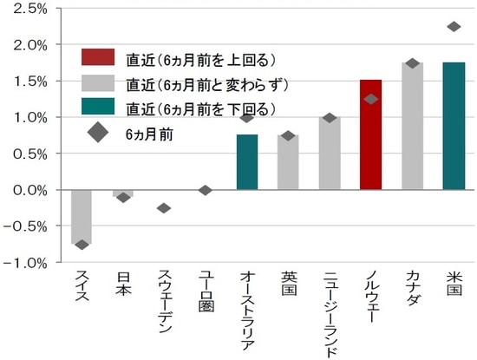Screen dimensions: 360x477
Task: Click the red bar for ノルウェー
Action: click(370, 134)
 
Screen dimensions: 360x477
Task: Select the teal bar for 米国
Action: click(454, 126)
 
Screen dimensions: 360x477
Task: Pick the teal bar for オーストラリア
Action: click(247, 161)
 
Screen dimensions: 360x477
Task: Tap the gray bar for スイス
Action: click(82, 216)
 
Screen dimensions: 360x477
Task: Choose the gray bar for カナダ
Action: click(412, 126)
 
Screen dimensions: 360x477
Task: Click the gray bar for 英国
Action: click(288, 161)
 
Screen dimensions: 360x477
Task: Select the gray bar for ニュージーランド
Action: click(330, 153)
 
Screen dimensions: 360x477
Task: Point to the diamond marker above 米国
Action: click(454, 27)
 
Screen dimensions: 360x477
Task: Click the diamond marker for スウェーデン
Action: click(164, 208)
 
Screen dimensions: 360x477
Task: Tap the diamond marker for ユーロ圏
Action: click(206, 190)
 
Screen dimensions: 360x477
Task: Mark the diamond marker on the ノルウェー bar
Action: click(371, 99)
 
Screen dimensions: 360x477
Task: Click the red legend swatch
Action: click(98, 59)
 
